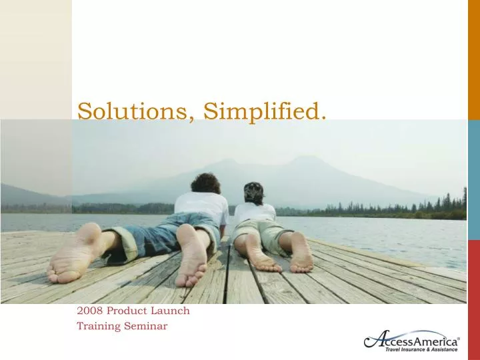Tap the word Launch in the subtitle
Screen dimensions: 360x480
coord(173,311)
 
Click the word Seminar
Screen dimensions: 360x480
coord(147,326)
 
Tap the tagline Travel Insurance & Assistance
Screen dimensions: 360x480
coord(421,349)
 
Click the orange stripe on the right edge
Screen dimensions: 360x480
coord(473,57)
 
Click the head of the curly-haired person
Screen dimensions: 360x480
coord(205,183)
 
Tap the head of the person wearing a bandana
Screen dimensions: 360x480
coord(254,193)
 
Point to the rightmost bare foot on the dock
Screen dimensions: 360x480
coord(301,254)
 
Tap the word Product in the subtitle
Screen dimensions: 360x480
coord(137,311)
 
